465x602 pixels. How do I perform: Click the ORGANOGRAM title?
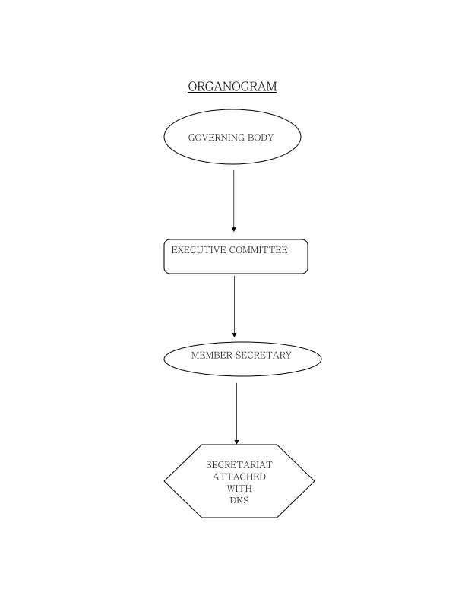232,86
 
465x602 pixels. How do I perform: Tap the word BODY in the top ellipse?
260,138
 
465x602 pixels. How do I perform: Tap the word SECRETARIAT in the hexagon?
239,464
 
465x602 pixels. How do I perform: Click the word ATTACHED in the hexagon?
239,477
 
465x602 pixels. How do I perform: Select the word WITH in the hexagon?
239,489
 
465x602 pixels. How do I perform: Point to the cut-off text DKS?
239,500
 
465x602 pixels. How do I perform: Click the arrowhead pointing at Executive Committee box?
234,228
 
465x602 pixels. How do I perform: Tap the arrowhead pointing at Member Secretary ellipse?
234,334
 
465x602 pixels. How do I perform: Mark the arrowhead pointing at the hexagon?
236,441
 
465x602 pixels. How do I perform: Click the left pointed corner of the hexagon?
166,480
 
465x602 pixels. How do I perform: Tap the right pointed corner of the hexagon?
313,480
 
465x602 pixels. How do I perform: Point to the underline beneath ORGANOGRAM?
232,93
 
